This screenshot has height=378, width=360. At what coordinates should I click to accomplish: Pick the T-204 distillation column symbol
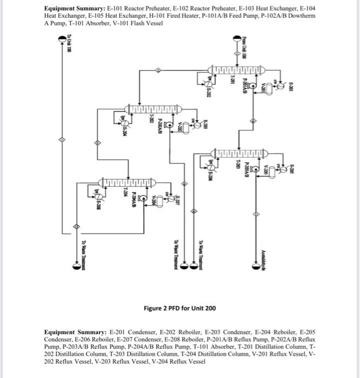click(126, 182)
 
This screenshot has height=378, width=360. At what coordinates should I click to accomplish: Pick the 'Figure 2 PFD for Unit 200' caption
click(179, 308)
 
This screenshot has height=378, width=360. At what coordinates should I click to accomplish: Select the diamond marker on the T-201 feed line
click(236, 54)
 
